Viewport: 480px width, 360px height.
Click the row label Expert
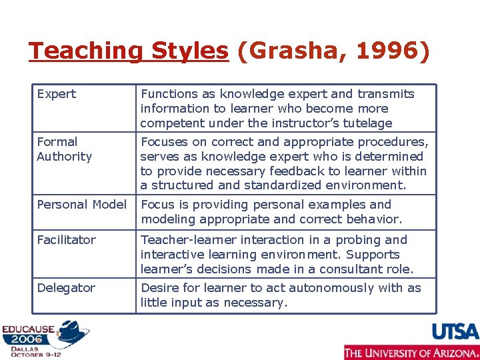[57, 94]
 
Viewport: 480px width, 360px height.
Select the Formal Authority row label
[64, 149]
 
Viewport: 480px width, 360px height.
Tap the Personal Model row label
[81, 205]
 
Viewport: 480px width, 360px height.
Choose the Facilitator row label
[67, 240]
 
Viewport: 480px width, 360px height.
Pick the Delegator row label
[66, 288]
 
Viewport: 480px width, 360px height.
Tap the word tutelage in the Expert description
[367, 123]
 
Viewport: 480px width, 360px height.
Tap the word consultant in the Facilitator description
[353, 269]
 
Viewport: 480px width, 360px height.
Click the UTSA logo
[455, 331]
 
